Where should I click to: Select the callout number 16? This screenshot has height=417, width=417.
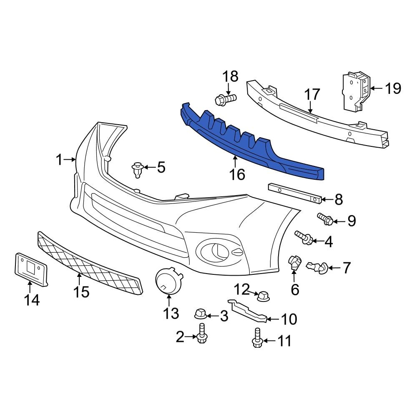[x=237, y=174]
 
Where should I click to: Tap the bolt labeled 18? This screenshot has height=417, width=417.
[x=225, y=100]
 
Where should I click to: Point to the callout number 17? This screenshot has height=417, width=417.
[x=312, y=95]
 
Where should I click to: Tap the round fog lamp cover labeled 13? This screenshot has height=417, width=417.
[x=168, y=280]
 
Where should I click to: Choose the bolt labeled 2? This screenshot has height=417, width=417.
[x=202, y=334]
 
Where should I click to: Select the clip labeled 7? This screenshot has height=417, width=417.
[x=318, y=268]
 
